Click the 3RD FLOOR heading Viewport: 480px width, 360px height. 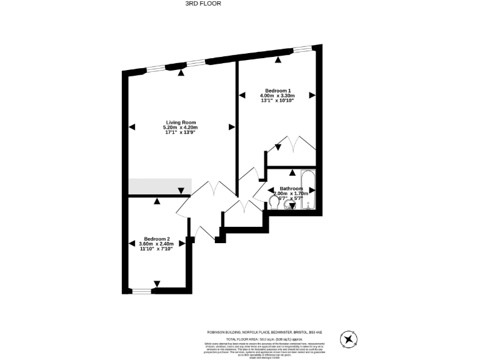(204, 4)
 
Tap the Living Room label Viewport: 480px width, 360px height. (181, 122)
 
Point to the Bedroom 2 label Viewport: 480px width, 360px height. (157, 239)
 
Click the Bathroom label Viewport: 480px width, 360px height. (291, 189)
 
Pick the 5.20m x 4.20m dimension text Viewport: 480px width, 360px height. (181, 127)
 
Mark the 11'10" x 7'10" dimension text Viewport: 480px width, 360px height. (157, 249)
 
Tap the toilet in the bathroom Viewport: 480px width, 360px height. (275, 201)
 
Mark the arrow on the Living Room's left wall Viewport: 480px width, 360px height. (132, 127)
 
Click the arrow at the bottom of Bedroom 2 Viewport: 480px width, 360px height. (157, 283)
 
